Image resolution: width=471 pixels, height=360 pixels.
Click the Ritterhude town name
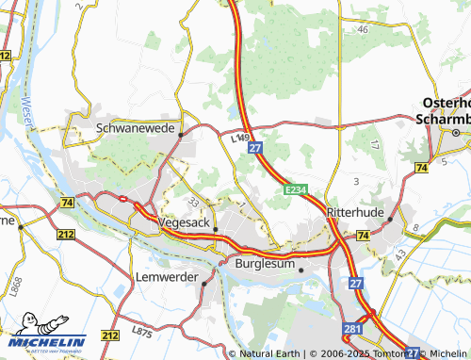355,214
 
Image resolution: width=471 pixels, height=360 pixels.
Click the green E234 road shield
296,190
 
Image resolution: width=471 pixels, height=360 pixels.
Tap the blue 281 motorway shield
351,328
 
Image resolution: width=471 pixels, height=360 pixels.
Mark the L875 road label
143,332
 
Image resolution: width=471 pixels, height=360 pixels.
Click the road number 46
363,30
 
